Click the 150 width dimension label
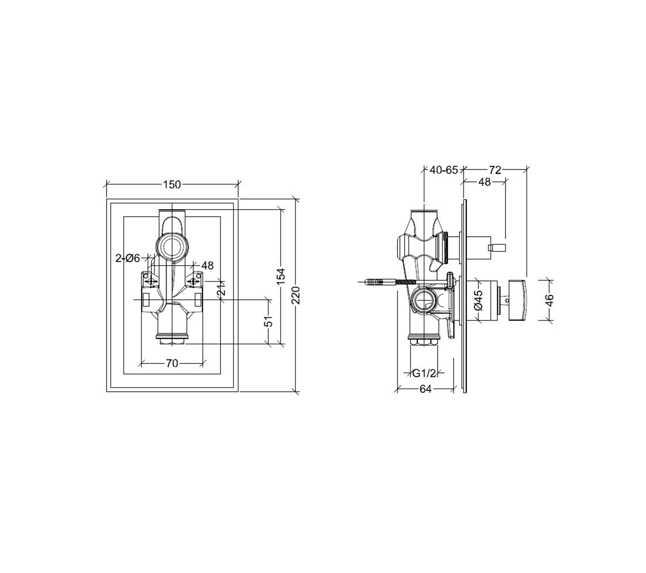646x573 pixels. click(x=172, y=185)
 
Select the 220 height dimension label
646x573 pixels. click(x=296, y=295)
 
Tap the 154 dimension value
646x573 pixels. click(x=281, y=277)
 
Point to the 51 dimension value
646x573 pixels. click(x=269, y=321)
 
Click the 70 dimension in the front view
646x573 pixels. click(x=172, y=364)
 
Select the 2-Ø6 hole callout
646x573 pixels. click(x=128, y=258)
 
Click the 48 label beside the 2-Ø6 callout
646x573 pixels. click(x=207, y=266)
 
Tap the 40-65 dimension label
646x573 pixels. click(x=444, y=170)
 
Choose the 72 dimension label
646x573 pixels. click(x=495, y=170)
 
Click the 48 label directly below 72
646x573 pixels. click(x=484, y=182)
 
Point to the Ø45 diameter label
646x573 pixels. click(x=479, y=300)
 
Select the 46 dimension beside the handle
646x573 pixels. click(x=549, y=300)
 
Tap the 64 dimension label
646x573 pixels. click(x=425, y=389)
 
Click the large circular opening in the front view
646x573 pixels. click(x=172, y=246)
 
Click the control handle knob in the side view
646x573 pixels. click(x=518, y=300)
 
